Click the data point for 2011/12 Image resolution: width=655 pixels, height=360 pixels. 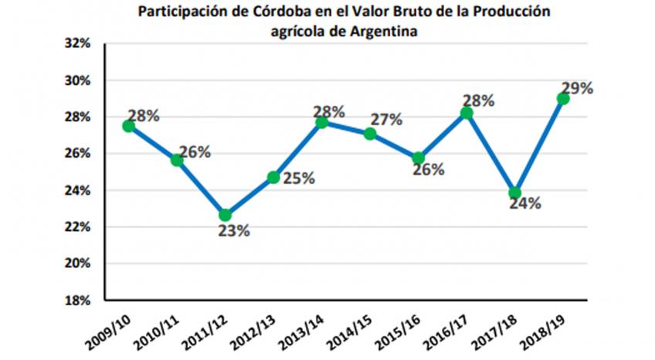225,215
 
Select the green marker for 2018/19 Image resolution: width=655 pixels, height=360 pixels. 563,98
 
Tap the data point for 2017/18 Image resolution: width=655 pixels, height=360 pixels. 515,193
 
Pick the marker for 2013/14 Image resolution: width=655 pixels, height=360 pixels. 321,122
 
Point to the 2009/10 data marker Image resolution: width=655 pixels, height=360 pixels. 128,126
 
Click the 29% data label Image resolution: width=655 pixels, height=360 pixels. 578,88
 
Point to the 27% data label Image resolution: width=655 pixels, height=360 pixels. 386,120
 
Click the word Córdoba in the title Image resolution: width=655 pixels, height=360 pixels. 270,12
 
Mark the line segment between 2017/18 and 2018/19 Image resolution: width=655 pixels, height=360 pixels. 539,145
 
